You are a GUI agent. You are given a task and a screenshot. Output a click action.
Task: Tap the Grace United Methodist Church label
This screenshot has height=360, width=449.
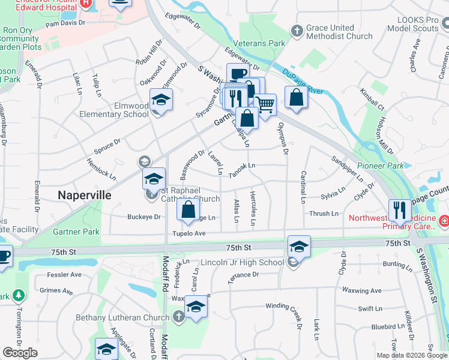[339, 32]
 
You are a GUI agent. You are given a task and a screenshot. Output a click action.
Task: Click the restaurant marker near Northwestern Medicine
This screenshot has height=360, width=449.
[400, 210]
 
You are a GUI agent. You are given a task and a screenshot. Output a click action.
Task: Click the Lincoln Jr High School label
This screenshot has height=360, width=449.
[250, 263]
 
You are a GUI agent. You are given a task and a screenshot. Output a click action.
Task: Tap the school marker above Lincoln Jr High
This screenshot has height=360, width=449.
[299, 245]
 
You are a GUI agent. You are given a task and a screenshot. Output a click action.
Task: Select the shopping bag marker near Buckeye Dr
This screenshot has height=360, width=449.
[188, 209]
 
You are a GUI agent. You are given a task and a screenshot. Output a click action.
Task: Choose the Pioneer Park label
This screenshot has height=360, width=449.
[380, 166]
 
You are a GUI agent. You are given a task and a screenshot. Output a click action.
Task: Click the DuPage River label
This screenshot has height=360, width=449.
[303, 83]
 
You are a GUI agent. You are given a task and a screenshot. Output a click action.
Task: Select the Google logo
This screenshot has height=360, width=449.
[20, 352]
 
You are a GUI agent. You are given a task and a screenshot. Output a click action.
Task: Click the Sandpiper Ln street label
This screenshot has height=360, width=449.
[348, 169]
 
